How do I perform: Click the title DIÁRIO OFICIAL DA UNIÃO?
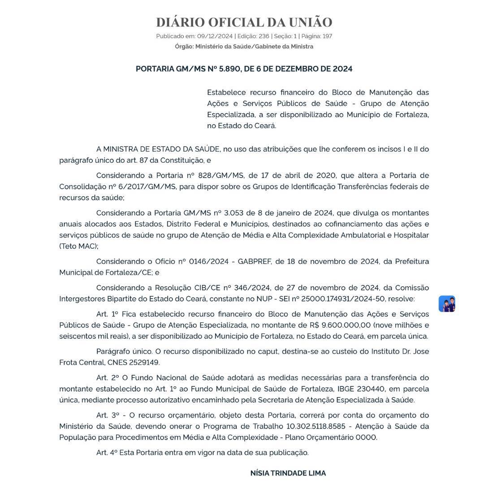[244, 22]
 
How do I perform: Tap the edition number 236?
[264, 36]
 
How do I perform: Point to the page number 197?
[327, 36]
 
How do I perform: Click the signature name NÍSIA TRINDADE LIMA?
[288, 473]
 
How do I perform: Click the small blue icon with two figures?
[447, 303]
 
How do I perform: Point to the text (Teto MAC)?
[78, 246]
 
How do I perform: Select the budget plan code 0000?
[366, 437]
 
